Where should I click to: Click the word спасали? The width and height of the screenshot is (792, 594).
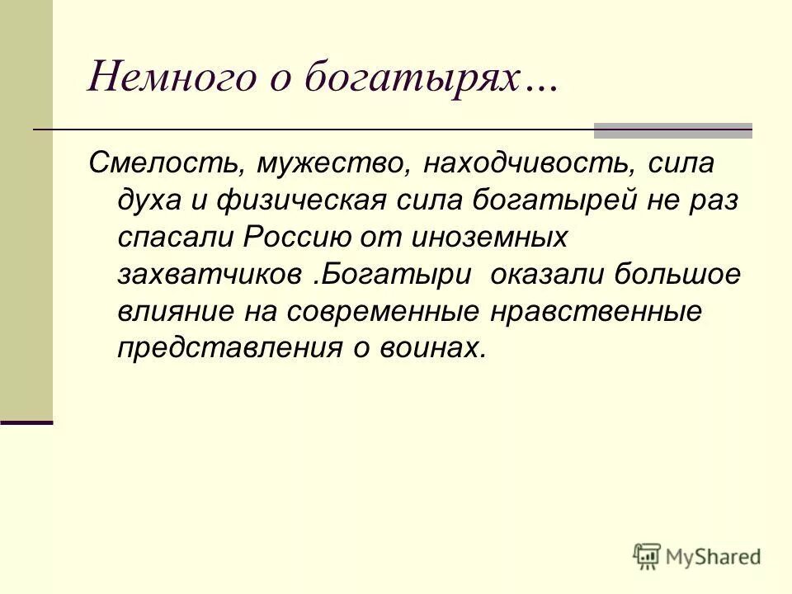(x=174, y=237)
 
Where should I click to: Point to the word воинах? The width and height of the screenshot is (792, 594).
(x=432, y=347)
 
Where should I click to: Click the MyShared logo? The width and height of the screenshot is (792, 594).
(x=697, y=555)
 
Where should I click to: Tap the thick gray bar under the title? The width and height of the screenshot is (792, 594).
(x=672, y=130)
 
